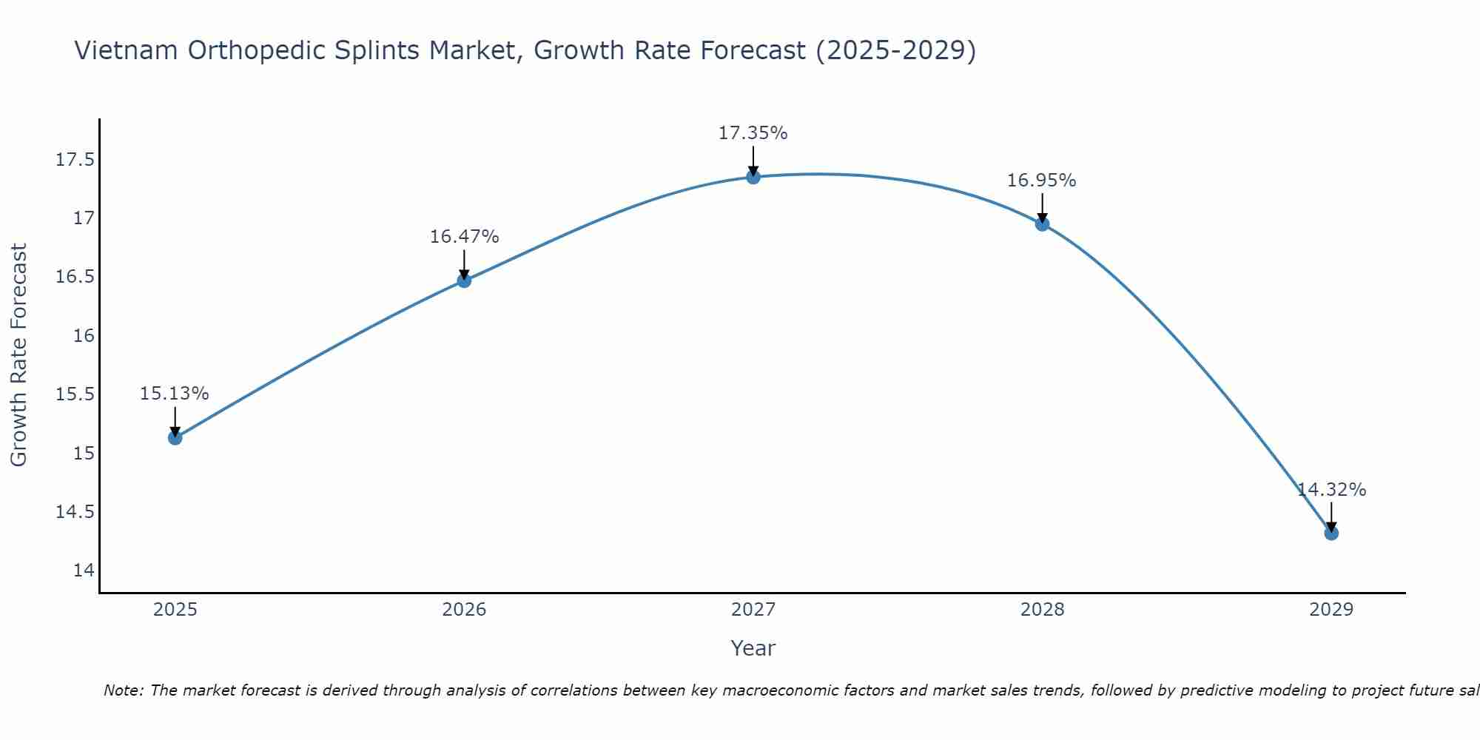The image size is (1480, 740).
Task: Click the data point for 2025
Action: coord(175,437)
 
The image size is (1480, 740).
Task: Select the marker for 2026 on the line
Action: coord(464,280)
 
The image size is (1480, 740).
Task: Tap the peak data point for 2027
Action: coord(753,177)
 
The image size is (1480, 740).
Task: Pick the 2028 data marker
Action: coord(1042,223)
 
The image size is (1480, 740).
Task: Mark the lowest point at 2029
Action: coord(1331,533)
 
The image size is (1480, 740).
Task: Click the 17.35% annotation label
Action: coord(753,133)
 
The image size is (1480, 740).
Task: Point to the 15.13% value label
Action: coord(174,394)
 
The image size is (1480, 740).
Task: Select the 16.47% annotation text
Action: coord(464,237)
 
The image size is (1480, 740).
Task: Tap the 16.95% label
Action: coord(1041,181)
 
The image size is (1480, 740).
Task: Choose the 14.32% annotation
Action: coord(1331,490)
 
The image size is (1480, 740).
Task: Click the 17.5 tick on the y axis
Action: coord(75,160)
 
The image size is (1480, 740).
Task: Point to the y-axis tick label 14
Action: coord(84,571)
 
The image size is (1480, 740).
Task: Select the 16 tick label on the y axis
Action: coord(84,336)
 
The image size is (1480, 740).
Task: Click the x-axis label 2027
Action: coord(753,610)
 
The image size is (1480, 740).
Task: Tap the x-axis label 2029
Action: coord(1331,610)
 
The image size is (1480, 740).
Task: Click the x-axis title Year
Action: coord(753,648)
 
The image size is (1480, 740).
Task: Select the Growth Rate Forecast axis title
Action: coord(18,355)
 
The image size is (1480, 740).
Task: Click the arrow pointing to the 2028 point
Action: coord(1042,207)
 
